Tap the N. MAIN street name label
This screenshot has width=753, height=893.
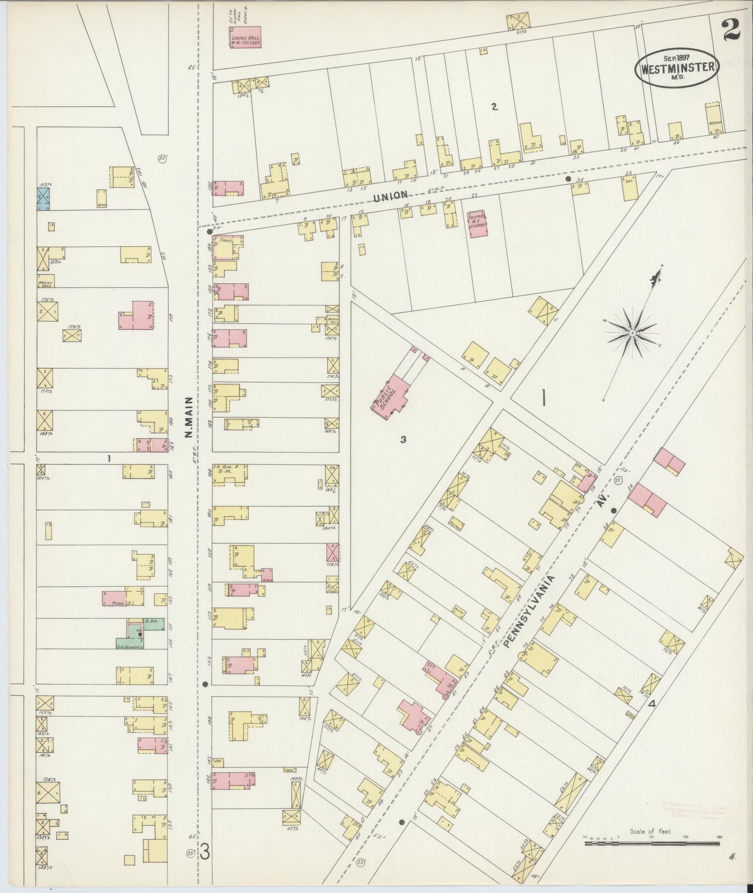click(x=189, y=416)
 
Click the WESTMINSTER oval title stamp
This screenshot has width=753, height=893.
click(x=677, y=68)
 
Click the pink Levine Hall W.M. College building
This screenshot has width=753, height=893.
click(x=245, y=38)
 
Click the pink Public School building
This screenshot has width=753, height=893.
click(x=394, y=395)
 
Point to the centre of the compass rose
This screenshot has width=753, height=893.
click(x=632, y=332)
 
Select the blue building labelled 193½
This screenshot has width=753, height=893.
click(x=43, y=200)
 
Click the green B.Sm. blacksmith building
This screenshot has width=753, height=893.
click(x=154, y=624)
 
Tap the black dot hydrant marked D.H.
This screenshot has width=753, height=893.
click(x=209, y=231)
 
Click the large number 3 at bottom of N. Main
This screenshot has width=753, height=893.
click(x=205, y=853)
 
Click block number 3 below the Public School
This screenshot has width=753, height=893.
click(x=403, y=439)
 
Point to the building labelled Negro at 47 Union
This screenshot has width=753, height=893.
click(x=713, y=119)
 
